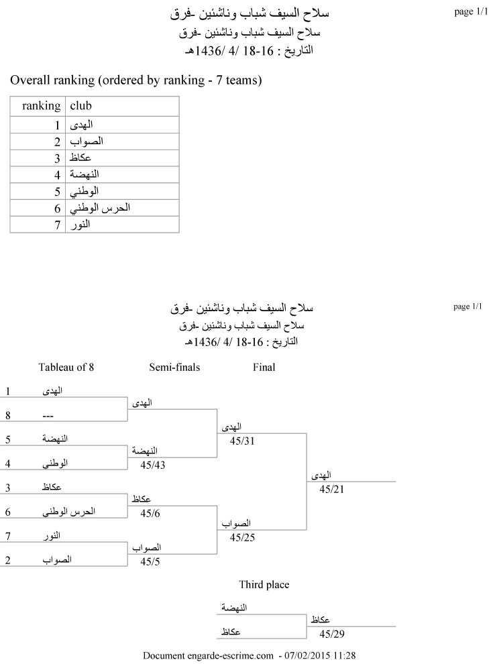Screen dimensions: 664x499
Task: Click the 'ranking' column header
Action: [41, 106]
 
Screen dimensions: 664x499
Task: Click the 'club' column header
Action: [81, 106]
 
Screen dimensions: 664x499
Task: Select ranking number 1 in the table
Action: [58, 125]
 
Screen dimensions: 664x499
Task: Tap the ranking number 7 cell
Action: [58, 225]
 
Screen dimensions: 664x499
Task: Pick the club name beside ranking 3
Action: [80, 158]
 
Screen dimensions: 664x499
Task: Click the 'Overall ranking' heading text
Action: [135, 81]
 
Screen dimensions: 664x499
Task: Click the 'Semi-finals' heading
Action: [174, 367]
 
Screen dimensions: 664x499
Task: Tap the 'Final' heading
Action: [264, 367]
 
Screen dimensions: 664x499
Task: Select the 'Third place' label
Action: [264, 585]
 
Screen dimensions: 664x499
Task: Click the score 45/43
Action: [152, 465]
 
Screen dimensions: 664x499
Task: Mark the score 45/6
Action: [150, 514]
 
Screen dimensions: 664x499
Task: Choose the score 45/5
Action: [150, 562]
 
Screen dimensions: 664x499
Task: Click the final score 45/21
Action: [332, 490]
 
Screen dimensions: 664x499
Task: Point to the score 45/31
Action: [242, 441]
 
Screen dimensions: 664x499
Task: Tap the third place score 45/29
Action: [332, 634]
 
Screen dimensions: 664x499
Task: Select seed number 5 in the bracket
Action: [7, 439]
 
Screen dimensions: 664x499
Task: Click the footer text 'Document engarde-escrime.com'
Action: [209, 655]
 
